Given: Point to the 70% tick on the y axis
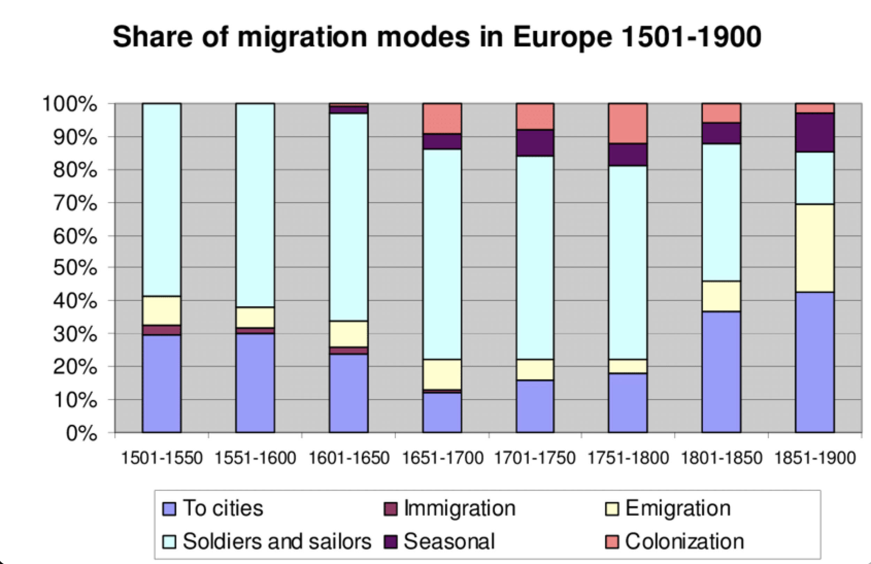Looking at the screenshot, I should (75, 203).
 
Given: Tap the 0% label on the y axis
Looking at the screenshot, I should (81, 434).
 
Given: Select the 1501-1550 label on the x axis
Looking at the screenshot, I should (161, 458).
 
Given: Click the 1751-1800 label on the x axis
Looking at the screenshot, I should (628, 458).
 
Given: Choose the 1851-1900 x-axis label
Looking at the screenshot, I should (815, 458).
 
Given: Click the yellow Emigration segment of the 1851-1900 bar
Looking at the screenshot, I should (815, 248).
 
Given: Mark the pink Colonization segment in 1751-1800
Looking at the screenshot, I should (628, 123).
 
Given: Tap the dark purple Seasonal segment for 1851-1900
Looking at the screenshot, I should (815, 132).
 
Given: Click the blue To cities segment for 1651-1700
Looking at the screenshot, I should (442, 413).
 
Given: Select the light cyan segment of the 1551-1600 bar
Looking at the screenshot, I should (255, 205).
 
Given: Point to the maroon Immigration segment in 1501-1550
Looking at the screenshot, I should (161, 330).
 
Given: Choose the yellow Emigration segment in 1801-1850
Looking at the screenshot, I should (721, 296).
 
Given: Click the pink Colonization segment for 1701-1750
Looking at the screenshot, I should (535, 116).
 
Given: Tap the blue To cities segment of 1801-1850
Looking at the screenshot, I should (721, 372).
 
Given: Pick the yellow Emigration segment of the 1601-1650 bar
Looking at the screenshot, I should (349, 334).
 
